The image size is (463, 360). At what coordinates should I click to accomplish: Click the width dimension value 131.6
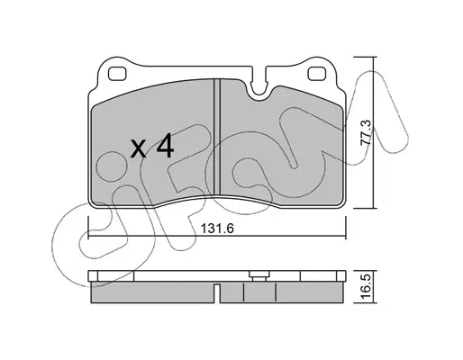tap(217, 229)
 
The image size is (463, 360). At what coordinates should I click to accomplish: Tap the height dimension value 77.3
tap(367, 132)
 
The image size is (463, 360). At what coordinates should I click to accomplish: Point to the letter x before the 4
tap(139, 149)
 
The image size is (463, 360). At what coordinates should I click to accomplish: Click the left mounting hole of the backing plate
tap(117, 74)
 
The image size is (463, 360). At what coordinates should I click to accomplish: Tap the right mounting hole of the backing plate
tap(317, 74)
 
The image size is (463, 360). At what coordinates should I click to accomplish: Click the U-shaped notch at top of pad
tap(259, 86)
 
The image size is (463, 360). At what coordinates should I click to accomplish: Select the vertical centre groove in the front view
tap(217, 136)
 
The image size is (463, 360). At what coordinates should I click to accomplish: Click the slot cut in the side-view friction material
tap(217, 292)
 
